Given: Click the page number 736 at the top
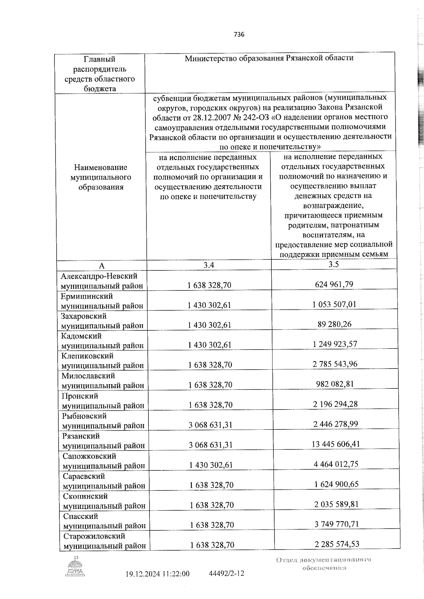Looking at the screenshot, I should pos(239,34).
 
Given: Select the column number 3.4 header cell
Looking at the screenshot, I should pos(209,265).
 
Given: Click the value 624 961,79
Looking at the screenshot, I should pos(335,284).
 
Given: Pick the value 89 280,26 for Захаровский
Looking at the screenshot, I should pos(335,324).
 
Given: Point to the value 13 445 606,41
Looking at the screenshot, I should pos(336,444).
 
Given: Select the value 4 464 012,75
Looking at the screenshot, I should pos(336,464).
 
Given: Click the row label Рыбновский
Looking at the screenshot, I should pos(84,416).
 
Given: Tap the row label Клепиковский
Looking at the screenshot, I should pos(87,356).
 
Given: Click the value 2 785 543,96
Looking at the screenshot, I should pos(335,364).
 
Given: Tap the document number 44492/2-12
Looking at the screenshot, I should pos(227,573).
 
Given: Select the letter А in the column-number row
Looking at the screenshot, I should pos(101,266).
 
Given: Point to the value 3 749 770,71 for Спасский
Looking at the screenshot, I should pos(337,524).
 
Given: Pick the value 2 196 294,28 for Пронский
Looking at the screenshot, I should pos(335,404).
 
